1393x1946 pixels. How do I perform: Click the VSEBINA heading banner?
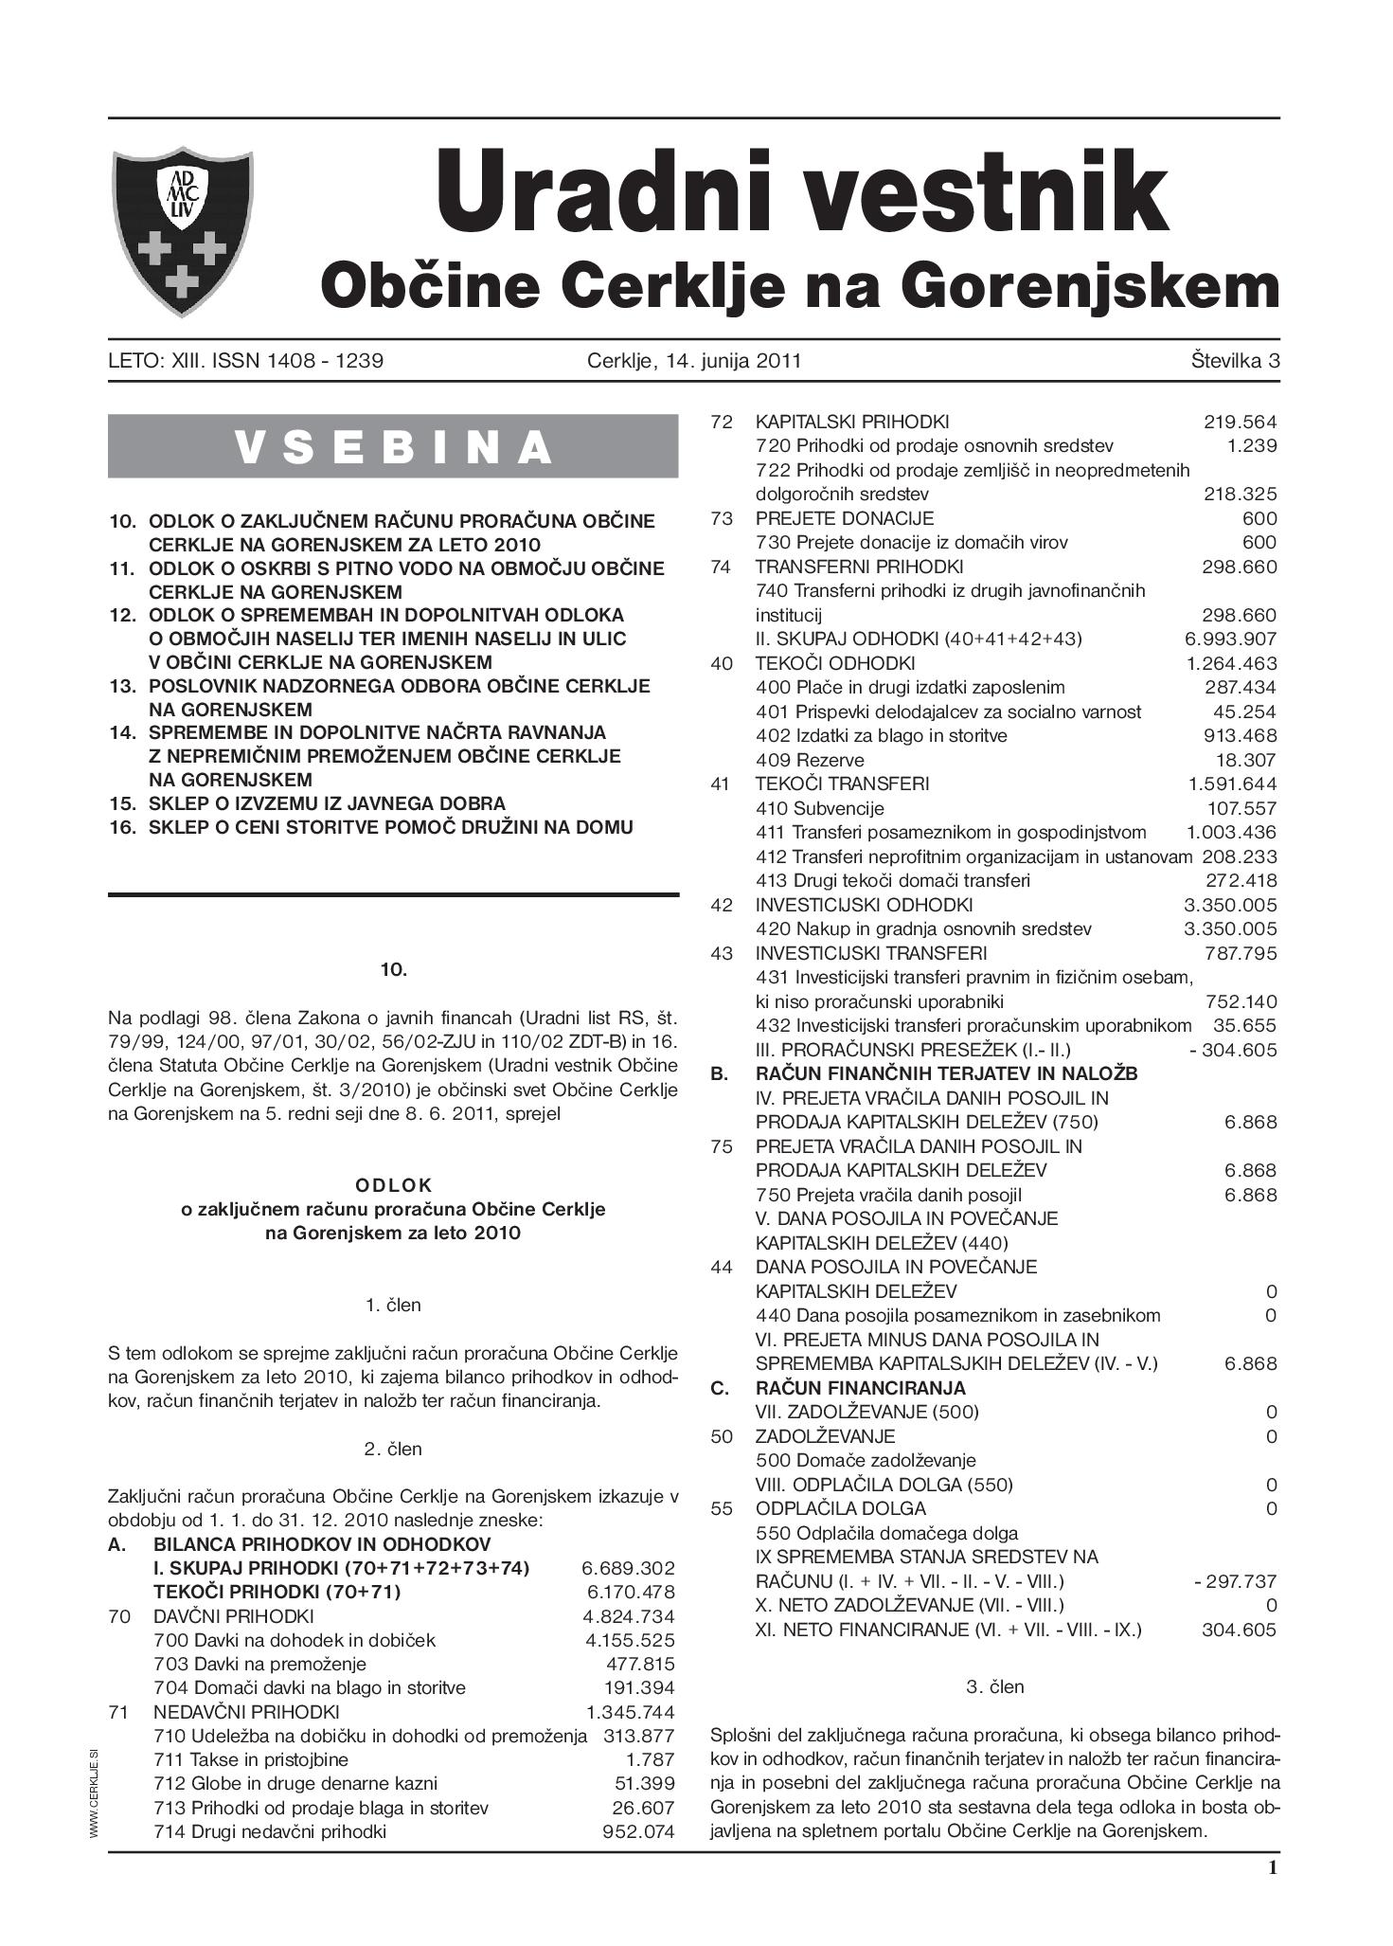click(x=393, y=446)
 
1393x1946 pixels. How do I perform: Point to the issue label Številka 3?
click(x=1235, y=361)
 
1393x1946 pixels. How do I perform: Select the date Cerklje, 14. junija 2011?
click(x=693, y=361)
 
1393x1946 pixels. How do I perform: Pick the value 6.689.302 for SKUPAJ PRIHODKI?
click(x=628, y=1568)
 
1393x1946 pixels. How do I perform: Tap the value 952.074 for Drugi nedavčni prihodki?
click(x=638, y=1831)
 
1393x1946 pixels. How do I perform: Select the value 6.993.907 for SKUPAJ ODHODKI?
click(x=1230, y=640)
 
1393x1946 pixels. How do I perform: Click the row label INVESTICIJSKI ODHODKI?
click(x=864, y=905)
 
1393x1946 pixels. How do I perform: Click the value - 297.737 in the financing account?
click(x=1235, y=1581)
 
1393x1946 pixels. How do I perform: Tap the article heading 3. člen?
click(x=994, y=1686)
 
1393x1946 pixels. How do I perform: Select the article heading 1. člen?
click(x=393, y=1306)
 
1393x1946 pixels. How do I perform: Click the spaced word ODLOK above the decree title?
click(x=393, y=1185)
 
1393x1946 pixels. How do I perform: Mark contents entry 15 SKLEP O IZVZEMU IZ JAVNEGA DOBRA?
click(x=327, y=803)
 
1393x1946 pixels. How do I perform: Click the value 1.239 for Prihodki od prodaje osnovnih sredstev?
click(x=1251, y=446)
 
